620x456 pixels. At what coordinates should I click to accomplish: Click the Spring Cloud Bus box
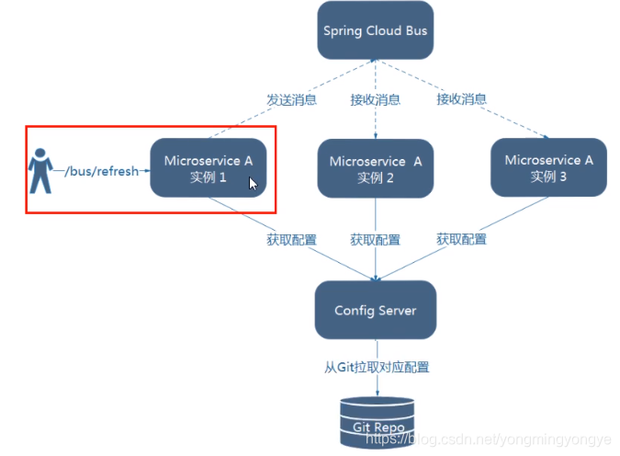click(x=375, y=31)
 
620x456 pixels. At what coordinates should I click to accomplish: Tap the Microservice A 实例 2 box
click(x=375, y=169)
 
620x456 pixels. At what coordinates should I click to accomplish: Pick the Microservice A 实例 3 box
click(x=548, y=167)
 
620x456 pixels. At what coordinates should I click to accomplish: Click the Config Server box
click(x=375, y=311)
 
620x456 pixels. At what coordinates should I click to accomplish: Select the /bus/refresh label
click(x=101, y=170)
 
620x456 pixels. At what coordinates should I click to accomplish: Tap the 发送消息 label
click(x=292, y=99)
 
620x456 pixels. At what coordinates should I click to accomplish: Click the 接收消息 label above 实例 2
click(x=375, y=99)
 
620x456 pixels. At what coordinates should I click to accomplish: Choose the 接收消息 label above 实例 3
click(x=461, y=99)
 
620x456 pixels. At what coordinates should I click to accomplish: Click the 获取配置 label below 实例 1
click(x=291, y=240)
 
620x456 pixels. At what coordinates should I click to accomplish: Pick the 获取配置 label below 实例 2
click(x=375, y=240)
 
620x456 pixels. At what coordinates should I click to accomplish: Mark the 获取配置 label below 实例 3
click(x=461, y=240)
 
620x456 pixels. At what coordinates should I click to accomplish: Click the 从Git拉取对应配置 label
click(x=376, y=368)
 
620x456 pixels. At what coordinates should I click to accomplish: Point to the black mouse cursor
click(x=253, y=183)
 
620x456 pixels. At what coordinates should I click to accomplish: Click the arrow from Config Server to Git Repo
click(x=375, y=386)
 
